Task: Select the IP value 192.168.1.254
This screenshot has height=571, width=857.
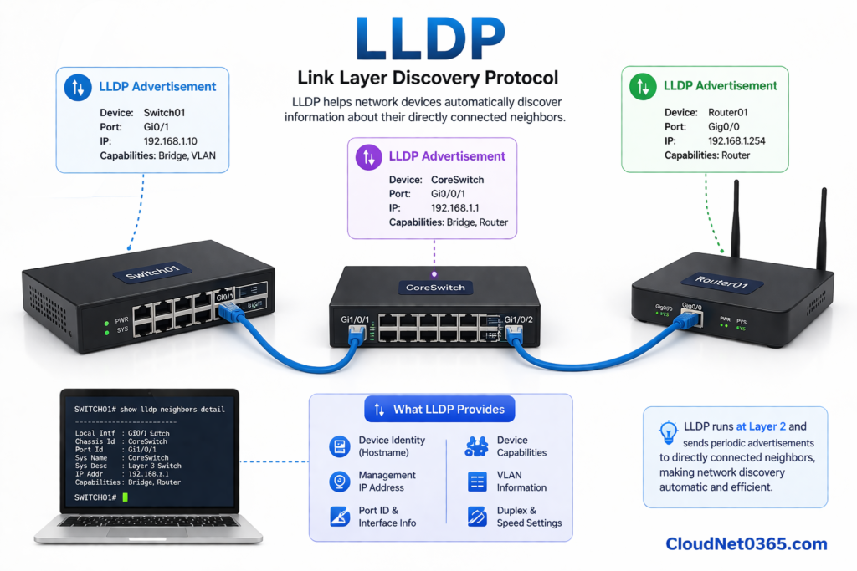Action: click(736, 140)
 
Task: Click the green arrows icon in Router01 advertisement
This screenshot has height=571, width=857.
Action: click(643, 86)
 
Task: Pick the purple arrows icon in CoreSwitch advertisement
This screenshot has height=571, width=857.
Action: click(368, 156)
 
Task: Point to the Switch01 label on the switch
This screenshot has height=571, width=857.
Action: click(152, 274)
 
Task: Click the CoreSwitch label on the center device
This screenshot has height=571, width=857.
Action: click(434, 287)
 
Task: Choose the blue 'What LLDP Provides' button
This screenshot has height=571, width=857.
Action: click(439, 410)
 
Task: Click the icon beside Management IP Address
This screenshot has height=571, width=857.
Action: click(339, 482)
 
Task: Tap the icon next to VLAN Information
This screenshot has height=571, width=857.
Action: click(477, 482)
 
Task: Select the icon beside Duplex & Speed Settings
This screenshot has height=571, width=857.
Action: click(477, 517)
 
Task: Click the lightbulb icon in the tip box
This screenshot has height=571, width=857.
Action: click(668, 431)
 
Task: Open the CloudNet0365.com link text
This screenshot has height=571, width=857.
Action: click(746, 544)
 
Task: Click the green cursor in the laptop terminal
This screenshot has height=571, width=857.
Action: click(125, 497)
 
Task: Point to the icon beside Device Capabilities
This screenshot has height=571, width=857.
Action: click(477, 446)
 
